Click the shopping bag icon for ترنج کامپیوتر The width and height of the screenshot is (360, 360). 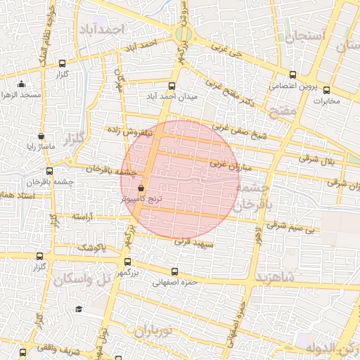pyautogui.click(x=141, y=188)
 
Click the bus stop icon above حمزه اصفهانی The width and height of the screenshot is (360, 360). pyautogui.click(x=175, y=271)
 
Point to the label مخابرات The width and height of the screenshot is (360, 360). pyautogui.click(x=326, y=101)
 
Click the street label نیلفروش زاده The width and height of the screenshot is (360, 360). pyautogui.click(x=129, y=131)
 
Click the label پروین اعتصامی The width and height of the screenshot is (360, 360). pyautogui.click(x=292, y=87)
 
